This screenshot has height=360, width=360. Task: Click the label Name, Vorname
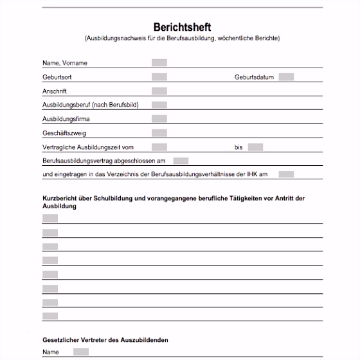pos(65,63)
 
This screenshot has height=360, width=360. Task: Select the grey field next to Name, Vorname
pos(159,63)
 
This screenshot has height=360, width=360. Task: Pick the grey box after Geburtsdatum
pos(287,77)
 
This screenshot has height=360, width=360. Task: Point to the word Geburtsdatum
pos(255,77)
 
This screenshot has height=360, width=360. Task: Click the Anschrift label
pos(55,91)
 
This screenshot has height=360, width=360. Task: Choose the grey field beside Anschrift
pos(159,91)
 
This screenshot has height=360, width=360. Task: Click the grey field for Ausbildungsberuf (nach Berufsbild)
pos(159,105)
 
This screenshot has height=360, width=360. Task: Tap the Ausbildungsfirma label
pos(66,119)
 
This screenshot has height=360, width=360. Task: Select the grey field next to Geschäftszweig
pos(159,133)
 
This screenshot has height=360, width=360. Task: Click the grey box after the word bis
pos(255,147)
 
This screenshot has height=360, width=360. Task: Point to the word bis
pos(239,147)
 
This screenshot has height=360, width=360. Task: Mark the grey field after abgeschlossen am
pos(181,161)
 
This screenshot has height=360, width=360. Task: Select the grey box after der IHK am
pos(287,174)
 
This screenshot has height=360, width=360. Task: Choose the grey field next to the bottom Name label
pos(81,352)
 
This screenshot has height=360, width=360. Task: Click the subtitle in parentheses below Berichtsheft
pos(182,39)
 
